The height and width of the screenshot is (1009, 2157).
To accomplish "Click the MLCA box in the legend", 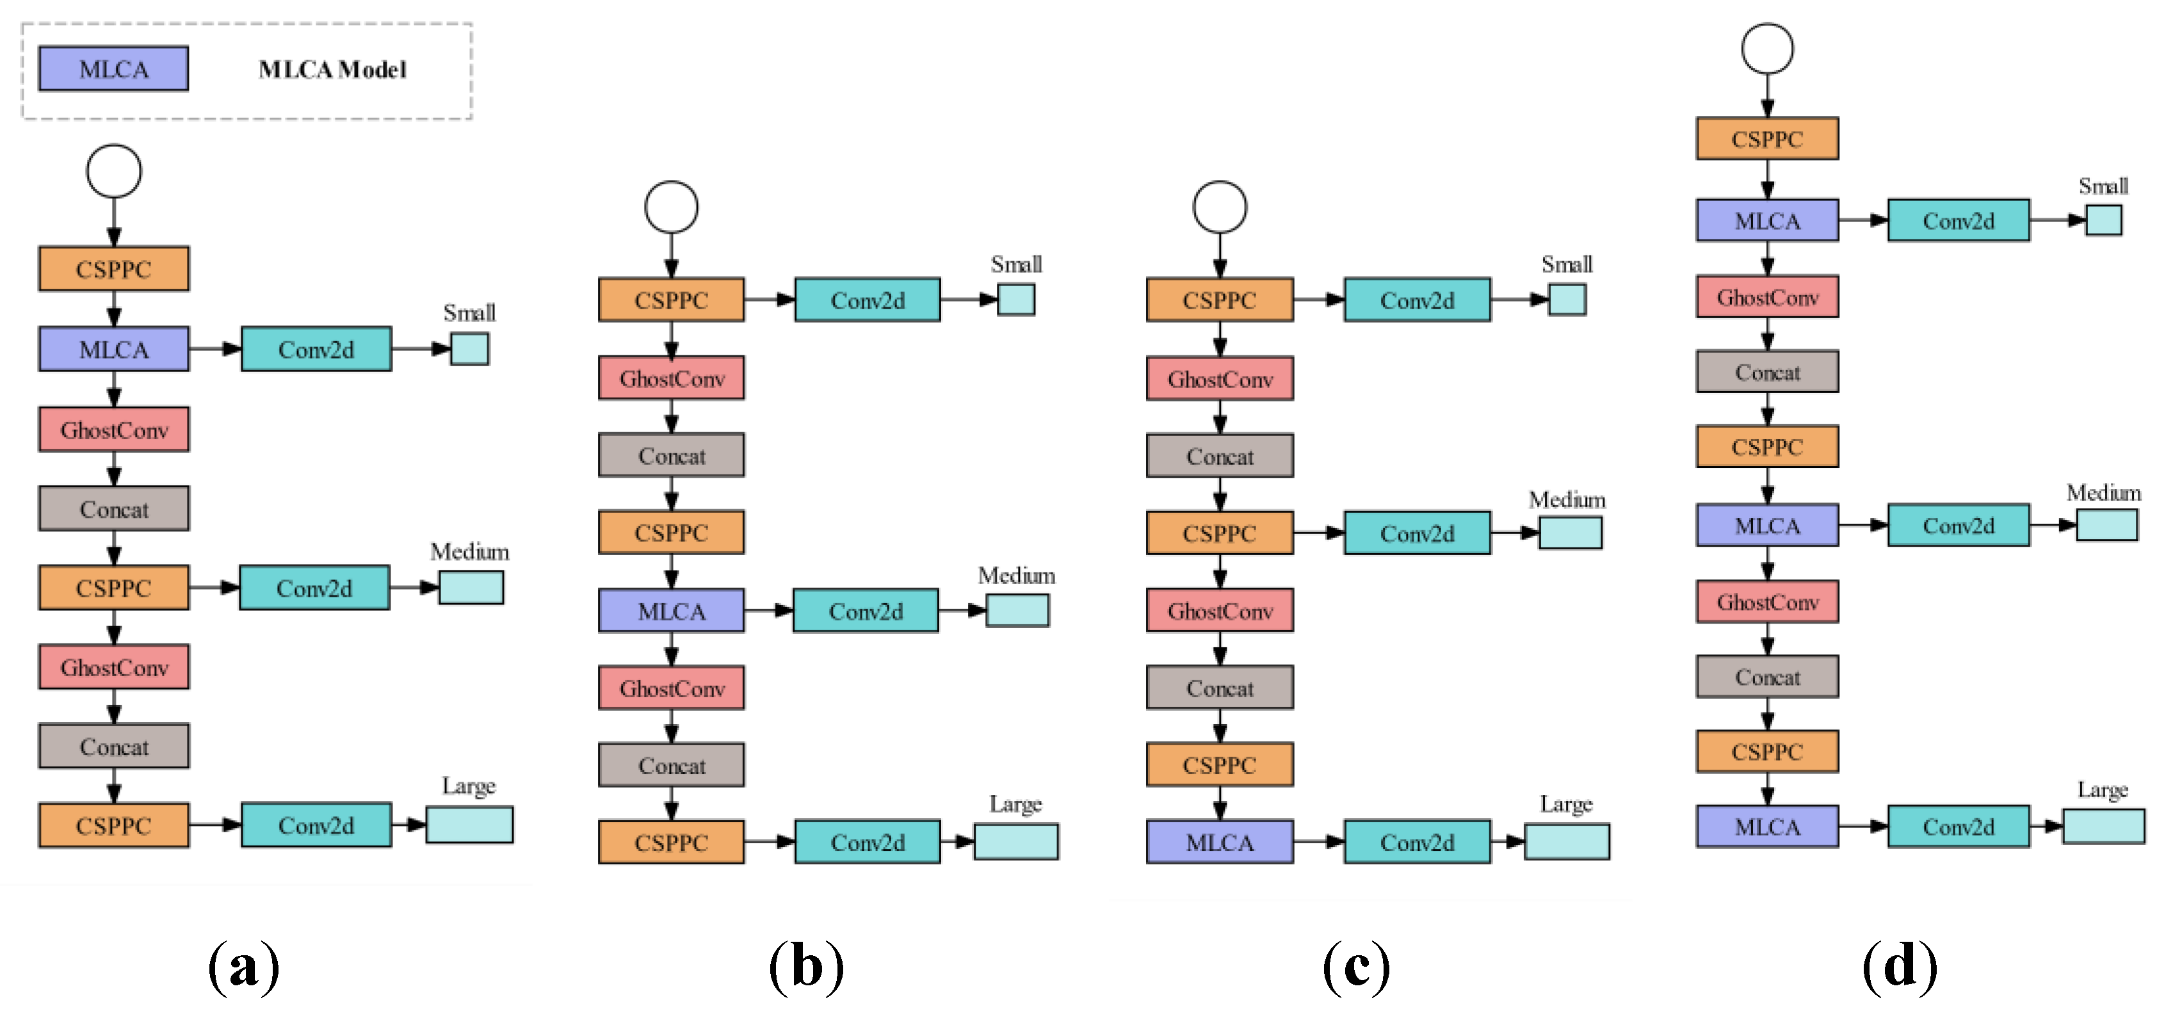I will (x=113, y=69).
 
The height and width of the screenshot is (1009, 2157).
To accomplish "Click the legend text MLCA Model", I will (x=332, y=70).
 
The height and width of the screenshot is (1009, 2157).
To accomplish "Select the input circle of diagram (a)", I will (x=114, y=171).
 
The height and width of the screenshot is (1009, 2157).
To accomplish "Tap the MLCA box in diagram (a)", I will (x=113, y=349).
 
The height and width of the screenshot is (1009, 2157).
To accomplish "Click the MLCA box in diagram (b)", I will (x=671, y=610).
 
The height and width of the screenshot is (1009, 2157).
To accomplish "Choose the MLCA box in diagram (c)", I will (x=1219, y=841).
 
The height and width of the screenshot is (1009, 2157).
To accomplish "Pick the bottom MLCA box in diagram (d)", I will (x=1767, y=827).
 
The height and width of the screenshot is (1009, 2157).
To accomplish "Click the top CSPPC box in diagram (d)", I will (x=1767, y=138).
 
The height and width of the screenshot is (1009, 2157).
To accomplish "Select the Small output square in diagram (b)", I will (x=1015, y=299).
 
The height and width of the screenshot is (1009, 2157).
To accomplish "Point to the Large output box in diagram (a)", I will (x=469, y=825).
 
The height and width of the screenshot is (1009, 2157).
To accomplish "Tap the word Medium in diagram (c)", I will (x=1567, y=500).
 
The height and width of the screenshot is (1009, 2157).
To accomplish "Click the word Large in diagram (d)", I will (x=2102, y=789).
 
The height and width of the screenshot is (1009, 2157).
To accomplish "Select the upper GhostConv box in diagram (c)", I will (x=1219, y=379).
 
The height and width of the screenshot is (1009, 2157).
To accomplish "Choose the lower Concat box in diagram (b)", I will (x=671, y=765).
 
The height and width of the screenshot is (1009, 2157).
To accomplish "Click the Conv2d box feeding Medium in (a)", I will (x=314, y=588).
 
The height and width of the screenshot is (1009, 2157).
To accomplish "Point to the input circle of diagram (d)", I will (x=1767, y=49).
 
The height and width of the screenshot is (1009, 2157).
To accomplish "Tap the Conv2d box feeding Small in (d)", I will (x=1958, y=220).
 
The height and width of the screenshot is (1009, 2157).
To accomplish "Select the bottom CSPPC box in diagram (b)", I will (x=671, y=841).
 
